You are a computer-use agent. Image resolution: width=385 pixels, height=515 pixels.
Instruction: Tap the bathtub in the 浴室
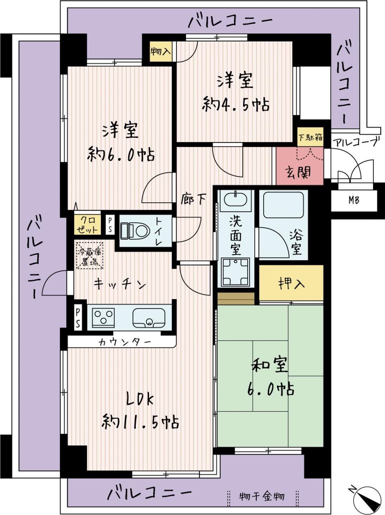[284, 205]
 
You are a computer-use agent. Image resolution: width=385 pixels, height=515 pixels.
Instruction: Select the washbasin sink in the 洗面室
[235, 200]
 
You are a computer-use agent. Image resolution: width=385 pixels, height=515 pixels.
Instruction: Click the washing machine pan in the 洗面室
[236, 272]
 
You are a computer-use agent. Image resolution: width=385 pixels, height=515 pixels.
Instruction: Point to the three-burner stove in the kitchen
[104, 317]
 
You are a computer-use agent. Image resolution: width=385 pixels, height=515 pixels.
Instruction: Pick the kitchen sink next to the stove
[149, 317]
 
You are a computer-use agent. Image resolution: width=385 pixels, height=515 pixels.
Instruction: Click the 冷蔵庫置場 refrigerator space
[90, 255]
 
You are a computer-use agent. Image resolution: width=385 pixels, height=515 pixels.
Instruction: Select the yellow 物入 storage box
[161, 51]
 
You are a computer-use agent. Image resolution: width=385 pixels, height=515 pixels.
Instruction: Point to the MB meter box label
[354, 200]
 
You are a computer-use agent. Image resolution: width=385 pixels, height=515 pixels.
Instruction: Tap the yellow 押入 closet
[291, 283]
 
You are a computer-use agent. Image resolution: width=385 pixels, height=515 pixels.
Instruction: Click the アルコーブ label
[355, 142]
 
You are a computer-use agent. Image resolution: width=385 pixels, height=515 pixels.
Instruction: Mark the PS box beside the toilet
[110, 225]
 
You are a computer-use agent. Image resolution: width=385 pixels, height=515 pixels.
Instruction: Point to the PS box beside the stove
[78, 317]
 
